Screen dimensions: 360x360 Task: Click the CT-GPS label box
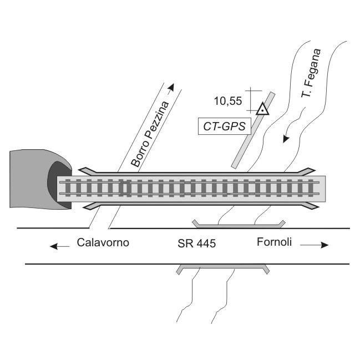pyautogui.click(x=224, y=126)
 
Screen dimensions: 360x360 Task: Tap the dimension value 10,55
pyautogui.click(x=228, y=101)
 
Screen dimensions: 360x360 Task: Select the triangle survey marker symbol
pyautogui.click(x=262, y=109)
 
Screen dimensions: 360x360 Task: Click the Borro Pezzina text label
pyautogui.click(x=150, y=134)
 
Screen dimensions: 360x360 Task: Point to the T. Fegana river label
pyautogui.click(x=311, y=73)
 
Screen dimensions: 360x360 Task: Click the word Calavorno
pyautogui.click(x=103, y=242)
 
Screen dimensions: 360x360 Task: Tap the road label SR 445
pyautogui.click(x=196, y=244)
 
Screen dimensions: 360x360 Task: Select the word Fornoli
pyautogui.click(x=274, y=242)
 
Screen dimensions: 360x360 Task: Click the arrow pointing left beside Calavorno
pyautogui.click(x=59, y=247)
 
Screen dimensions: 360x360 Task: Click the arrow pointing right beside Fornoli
pyautogui.click(x=315, y=245)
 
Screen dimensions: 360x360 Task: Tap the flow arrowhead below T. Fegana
pyautogui.click(x=286, y=139)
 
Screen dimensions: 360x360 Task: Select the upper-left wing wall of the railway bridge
pyautogui.click(x=88, y=170)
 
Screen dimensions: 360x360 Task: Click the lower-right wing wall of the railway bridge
pyautogui.click(x=310, y=206)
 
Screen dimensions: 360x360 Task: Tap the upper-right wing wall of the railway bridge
pyautogui.click(x=307, y=171)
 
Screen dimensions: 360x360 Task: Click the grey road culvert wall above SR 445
pyautogui.click(x=239, y=224)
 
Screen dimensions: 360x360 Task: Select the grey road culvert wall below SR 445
pyautogui.click(x=222, y=268)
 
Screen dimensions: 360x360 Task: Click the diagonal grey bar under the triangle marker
pyautogui.click(x=253, y=130)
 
